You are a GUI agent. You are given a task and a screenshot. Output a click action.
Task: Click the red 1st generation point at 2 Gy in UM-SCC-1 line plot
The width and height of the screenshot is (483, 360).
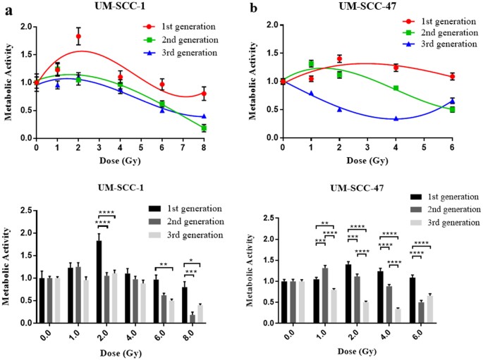pyautogui.click(x=78, y=36)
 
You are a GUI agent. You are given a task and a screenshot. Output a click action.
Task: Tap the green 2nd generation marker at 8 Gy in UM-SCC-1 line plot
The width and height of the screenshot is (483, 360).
pyautogui.click(x=204, y=128)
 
